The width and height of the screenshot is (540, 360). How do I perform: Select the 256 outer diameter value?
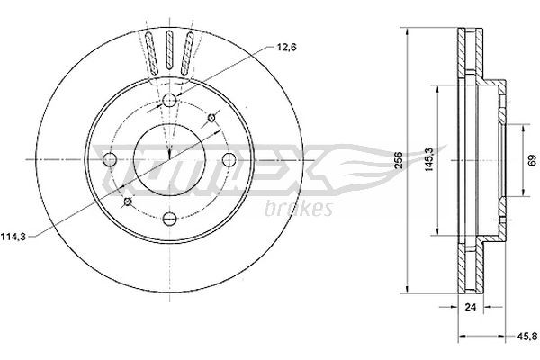point(398,158)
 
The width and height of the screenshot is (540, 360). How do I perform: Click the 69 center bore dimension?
point(519,158)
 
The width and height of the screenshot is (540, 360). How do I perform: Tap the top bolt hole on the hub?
point(168,99)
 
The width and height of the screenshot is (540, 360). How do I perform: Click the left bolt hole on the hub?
point(110,159)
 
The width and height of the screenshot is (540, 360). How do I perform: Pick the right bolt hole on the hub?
point(228,159)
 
